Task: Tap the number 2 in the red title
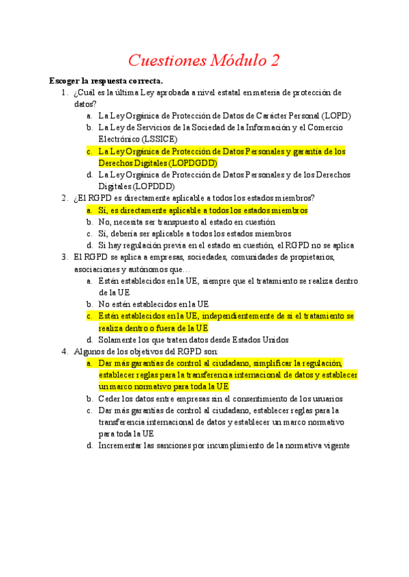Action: (274, 61)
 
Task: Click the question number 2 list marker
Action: (64, 198)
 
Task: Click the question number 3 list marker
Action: (64, 257)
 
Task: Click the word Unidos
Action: (277, 340)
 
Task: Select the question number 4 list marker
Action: (64, 352)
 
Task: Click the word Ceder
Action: (110, 399)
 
